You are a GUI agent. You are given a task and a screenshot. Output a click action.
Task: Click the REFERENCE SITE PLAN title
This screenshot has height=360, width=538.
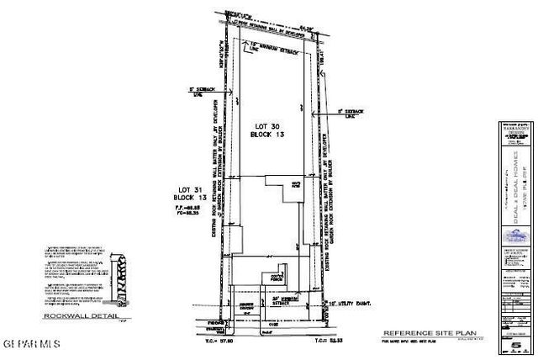pos(417,334)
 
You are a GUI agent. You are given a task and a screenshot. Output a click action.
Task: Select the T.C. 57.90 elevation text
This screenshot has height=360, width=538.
pos(248,342)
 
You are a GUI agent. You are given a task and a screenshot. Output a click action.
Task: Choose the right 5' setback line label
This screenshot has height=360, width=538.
pos(351,110)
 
